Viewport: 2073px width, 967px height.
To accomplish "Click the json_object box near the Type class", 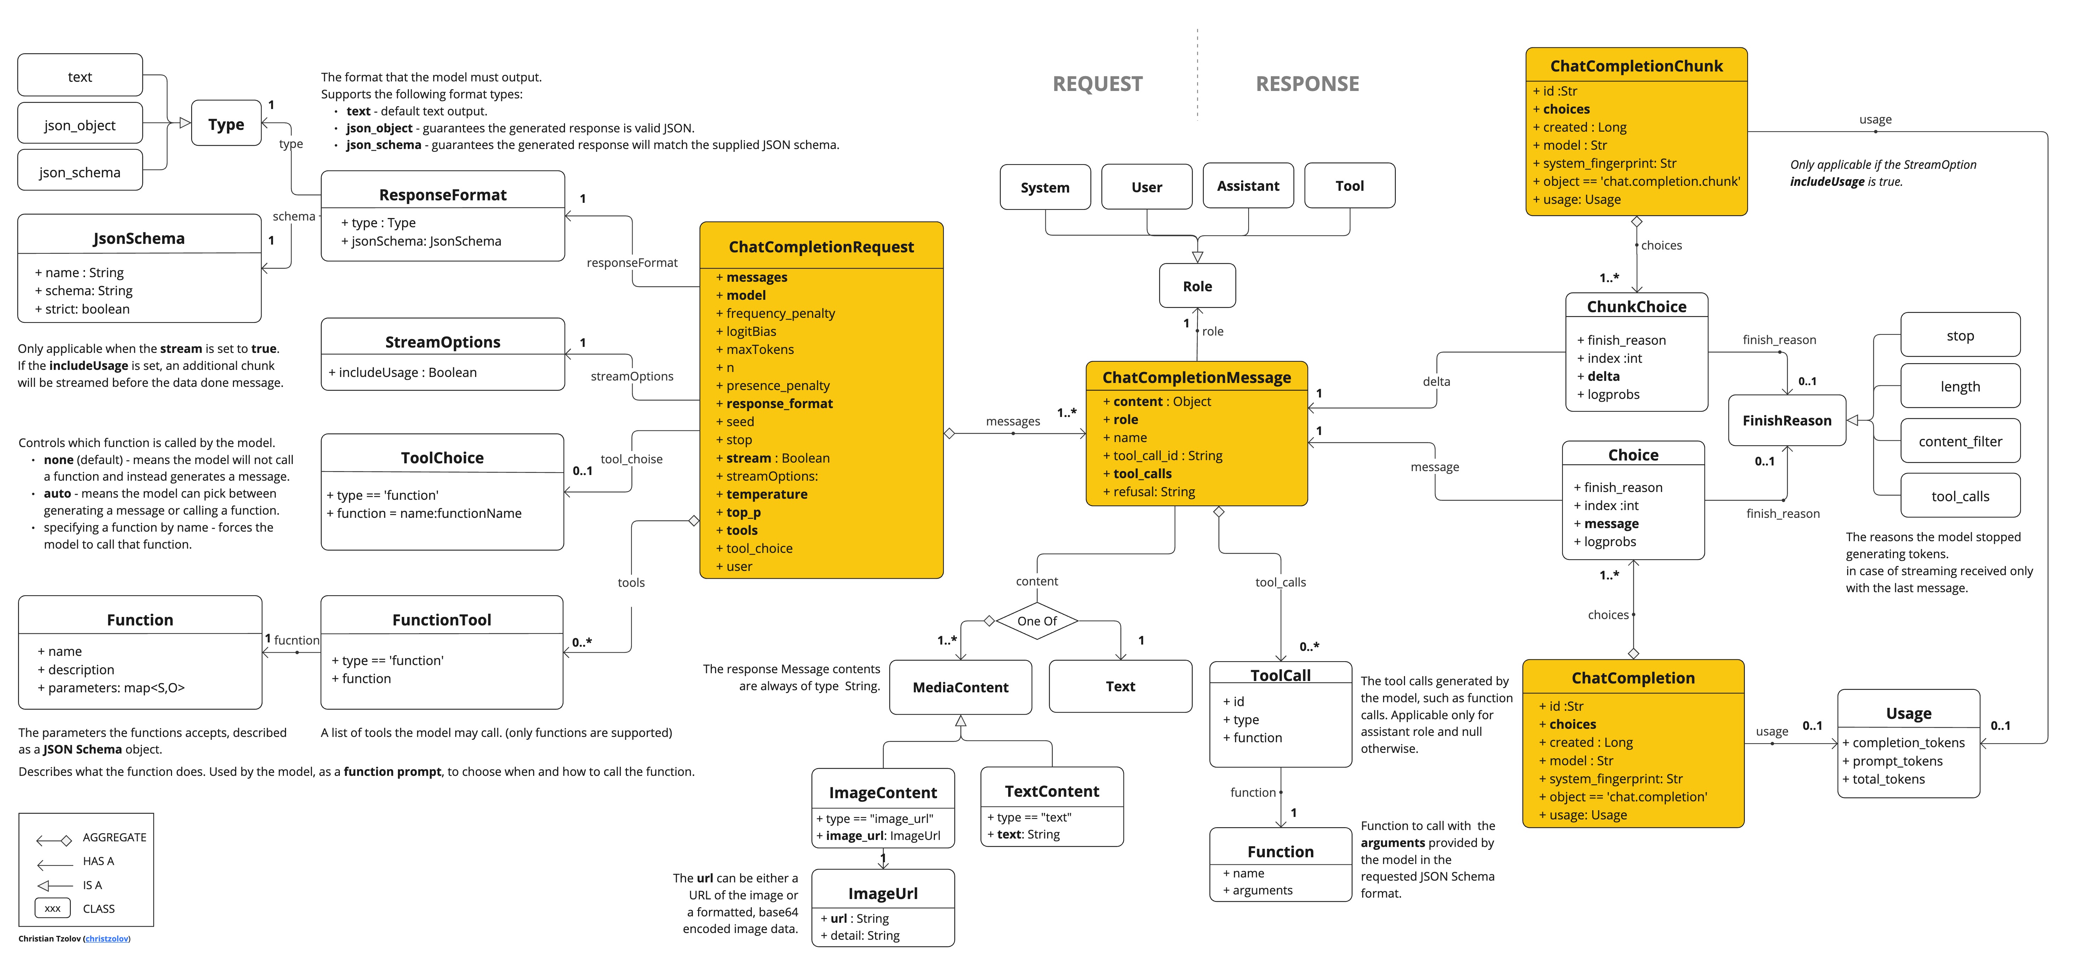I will click(80, 125).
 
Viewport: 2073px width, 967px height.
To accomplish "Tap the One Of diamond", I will click(1036, 621).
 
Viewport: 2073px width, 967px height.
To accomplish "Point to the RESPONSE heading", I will click(1307, 84).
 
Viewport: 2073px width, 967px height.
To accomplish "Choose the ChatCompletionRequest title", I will click(821, 247).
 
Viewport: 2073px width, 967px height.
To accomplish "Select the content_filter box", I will click(1959, 441).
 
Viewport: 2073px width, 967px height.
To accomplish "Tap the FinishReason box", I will click(1787, 420).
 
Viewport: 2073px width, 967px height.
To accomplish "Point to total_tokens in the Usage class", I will click(1888, 779).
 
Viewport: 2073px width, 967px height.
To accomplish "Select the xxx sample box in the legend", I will click(52, 908).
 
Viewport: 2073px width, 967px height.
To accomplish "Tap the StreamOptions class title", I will click(442, 342).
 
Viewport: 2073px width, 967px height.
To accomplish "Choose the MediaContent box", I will click(960, 687).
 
